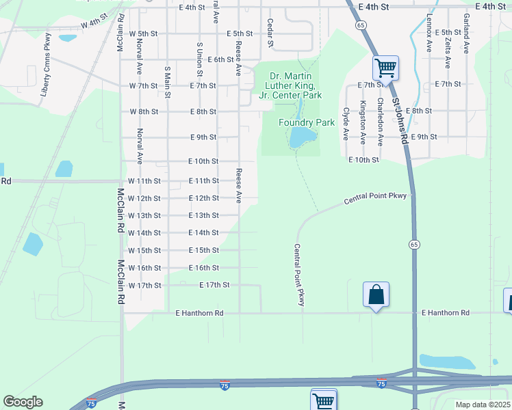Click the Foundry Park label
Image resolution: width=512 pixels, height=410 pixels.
click(306, 122)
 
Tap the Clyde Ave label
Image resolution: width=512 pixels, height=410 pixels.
click(346, 124)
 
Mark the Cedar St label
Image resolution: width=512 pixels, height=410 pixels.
click(270, 33)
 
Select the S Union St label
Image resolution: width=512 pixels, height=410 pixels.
click(200, 59)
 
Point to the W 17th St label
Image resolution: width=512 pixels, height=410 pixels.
click(144, 285)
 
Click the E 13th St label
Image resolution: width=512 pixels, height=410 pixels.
click(203, 215)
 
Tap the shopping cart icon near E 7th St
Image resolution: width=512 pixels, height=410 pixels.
click(385, 68)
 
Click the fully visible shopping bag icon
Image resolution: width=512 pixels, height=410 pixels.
click(376, 295)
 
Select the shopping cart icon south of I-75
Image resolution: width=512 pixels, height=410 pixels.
click(324, 400)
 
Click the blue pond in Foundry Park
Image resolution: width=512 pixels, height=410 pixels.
click(300, 138)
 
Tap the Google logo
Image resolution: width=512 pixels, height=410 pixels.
click(23, 402)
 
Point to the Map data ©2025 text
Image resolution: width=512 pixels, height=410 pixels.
click(483, 405)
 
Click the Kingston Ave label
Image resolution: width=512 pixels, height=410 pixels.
click(363, 122)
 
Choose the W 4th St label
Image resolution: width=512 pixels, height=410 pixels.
click(94, 24)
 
